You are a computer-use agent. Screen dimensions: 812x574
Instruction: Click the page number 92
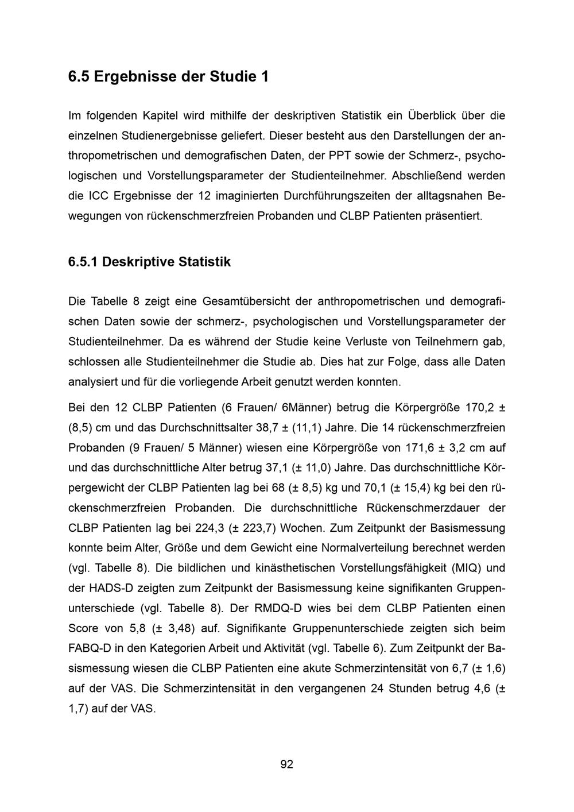pos(286,764)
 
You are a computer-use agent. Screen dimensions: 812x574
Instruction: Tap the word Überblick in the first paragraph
pos(432,115)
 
